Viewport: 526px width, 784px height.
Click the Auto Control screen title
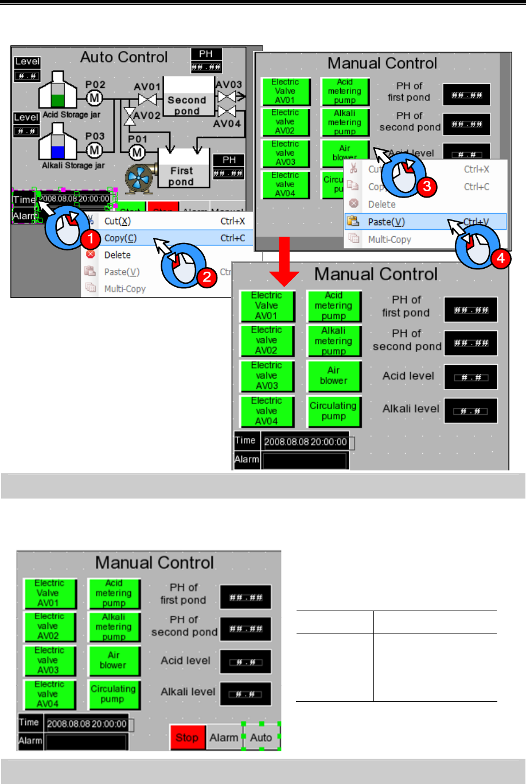(124, 57)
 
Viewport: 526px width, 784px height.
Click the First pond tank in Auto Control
(181, 171)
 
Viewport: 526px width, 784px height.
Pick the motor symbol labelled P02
(95, 98)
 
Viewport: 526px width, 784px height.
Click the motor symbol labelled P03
(95, 150)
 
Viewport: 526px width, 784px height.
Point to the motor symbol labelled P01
(137, 152)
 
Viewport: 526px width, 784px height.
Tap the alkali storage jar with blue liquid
(56, 144)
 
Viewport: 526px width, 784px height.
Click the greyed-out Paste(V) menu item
(122, 272)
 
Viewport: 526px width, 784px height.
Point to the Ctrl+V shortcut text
(477, 222)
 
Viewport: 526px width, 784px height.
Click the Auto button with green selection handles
(261, 737)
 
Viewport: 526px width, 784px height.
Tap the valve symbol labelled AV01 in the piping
(147, 99)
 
